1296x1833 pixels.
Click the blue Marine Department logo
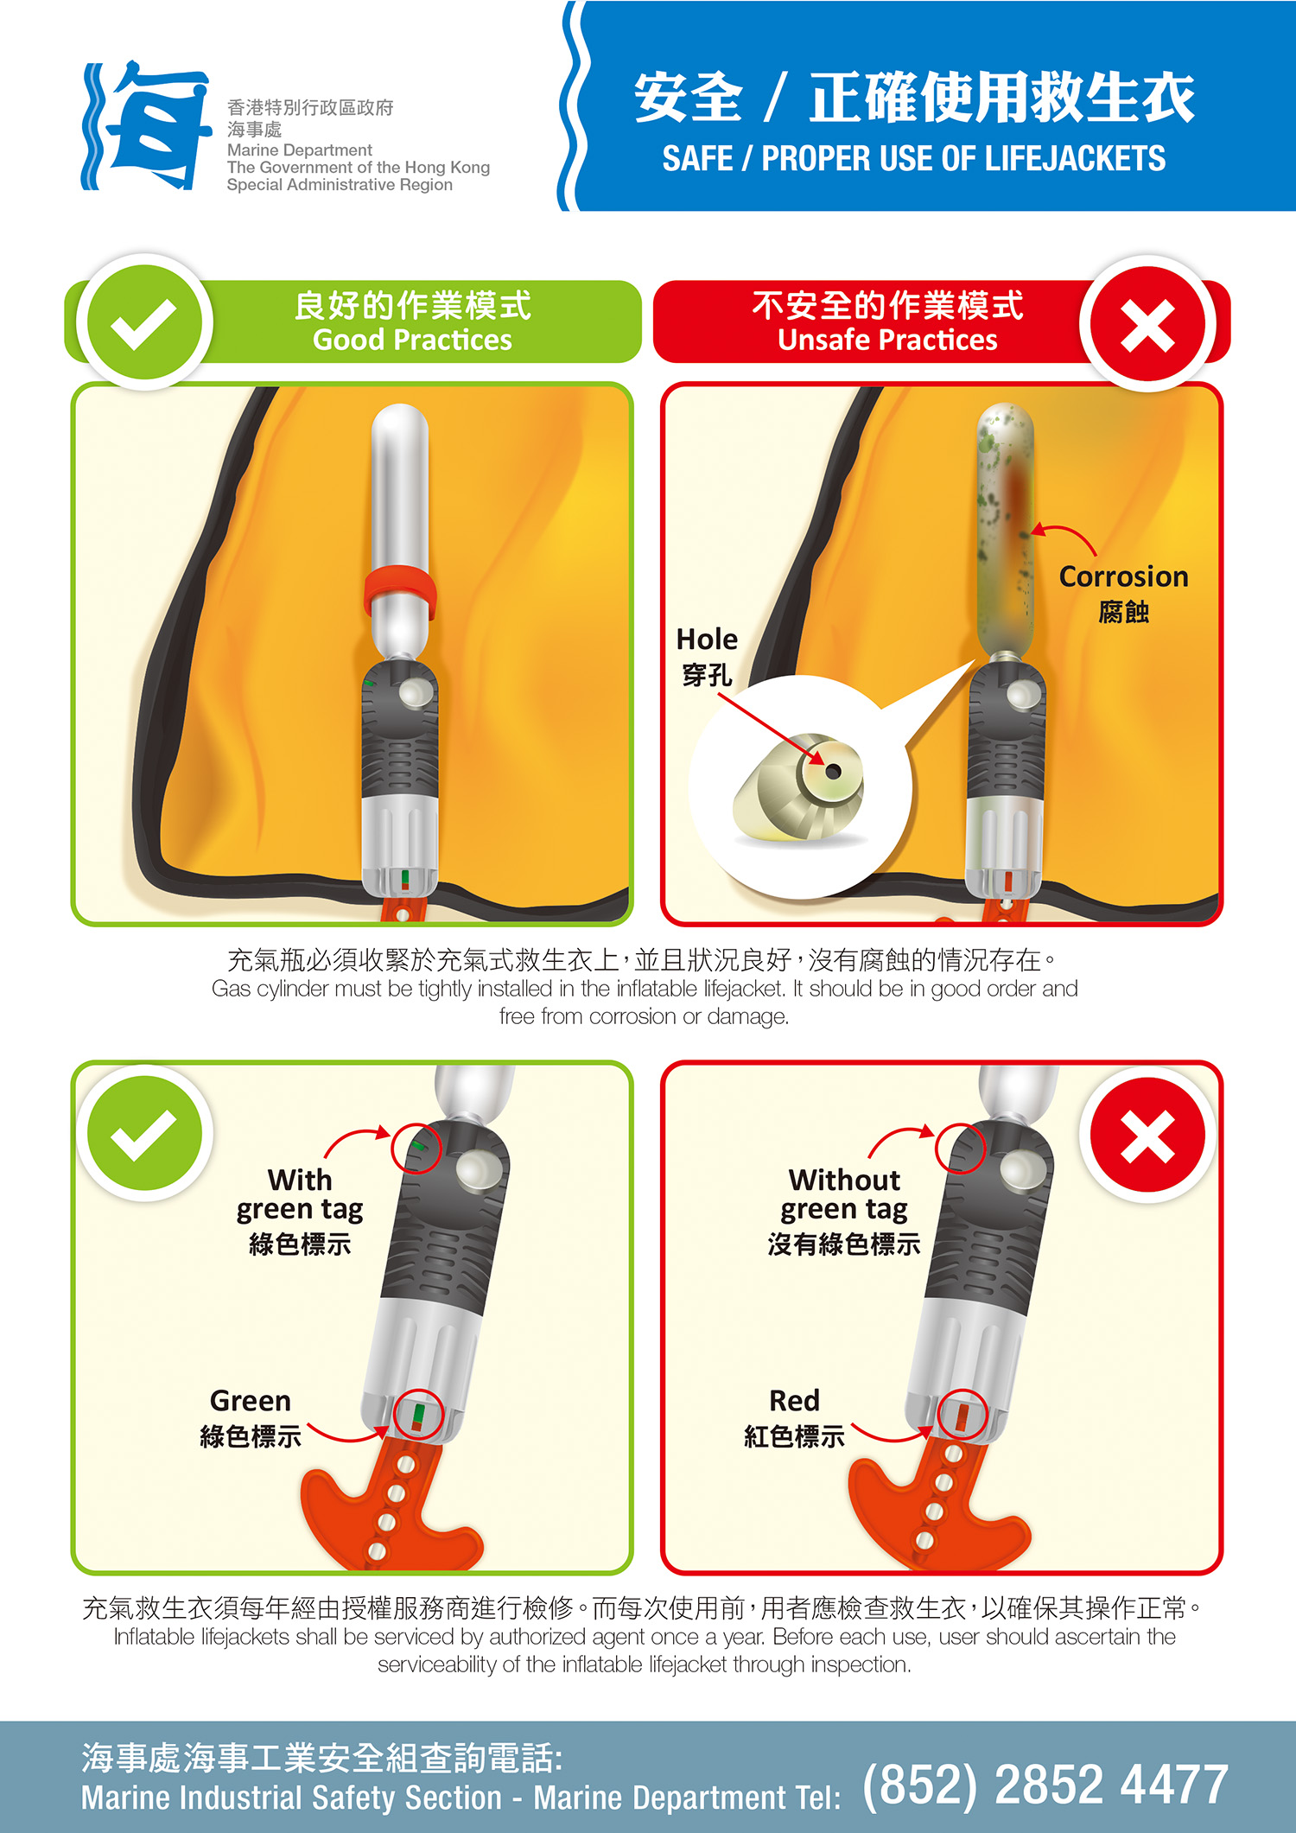[x=147, y=125]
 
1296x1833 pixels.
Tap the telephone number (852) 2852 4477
[x=1045, y=1785]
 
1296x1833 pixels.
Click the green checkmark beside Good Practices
[x=144, y=322]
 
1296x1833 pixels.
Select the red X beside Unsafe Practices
[x=1147, y=324]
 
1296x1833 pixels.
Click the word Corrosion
[x=1123, y=576]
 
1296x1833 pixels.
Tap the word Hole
[x=707, y=640]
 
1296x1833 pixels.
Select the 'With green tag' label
[x=300, y=1194]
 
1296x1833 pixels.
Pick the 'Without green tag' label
[x=844, y=1194]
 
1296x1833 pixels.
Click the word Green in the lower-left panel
[x=251, y=1400]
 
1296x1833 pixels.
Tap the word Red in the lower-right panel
[x=794, y=1400]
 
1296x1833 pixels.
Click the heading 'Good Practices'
[x=412, y=341]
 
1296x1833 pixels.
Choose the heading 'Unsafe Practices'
[x=887, y=341]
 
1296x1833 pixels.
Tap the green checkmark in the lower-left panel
[x=144, y=1133]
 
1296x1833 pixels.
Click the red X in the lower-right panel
[x=1147, y=1135]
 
